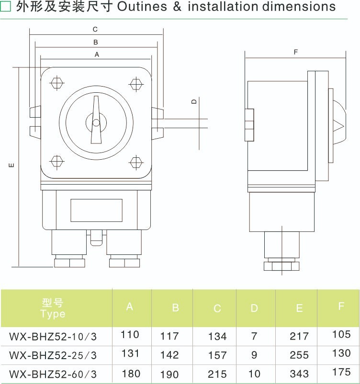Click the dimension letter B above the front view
point(96,43)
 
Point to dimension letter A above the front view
point(97,55)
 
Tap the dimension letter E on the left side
point(11,166)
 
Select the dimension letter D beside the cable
point(194,101)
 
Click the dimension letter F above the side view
point(296,52)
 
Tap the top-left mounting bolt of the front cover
point(56,83)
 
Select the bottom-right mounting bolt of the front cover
point(136,162)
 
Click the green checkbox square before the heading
point(6,7)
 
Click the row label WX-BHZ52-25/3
point(53,355)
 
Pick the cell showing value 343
point(299,374)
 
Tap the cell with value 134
point(217,337)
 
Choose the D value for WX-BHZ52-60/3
point(254,374)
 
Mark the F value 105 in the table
point(341,334)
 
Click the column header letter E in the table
point(299,308)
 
